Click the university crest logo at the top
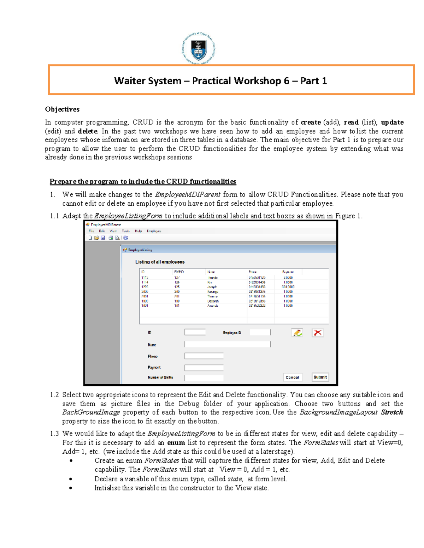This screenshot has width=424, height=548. [x=199, y=49]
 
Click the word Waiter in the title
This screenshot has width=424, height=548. [x=130, y=81]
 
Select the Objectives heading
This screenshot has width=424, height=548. [x=62, y=109]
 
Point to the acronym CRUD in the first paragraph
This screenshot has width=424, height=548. [x=143, y=122]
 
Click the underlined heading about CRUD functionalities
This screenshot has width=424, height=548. [x=143, y=182]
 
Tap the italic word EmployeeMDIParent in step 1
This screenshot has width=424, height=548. [x=188, y=194]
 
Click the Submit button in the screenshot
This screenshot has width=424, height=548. [x=320, y=377]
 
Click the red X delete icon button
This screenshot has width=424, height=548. [x=318, y=333]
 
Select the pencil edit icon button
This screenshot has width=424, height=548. [x=297, y=333]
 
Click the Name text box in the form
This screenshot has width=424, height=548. [x=227, y=344]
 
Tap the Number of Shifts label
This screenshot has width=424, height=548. [x=160, y=378]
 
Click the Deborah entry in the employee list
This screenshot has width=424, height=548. [x=213, y=301]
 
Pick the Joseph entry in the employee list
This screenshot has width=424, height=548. [x=212, y=287]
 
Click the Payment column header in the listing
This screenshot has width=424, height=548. [x=288, y=272]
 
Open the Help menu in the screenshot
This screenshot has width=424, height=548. [x=138, y=231]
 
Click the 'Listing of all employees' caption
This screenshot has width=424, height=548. [x=160, y=262]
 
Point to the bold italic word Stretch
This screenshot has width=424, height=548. [x=392, y=412]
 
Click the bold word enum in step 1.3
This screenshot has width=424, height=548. [x=176, y=443]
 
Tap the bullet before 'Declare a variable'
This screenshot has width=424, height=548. [x=71, y=479]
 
